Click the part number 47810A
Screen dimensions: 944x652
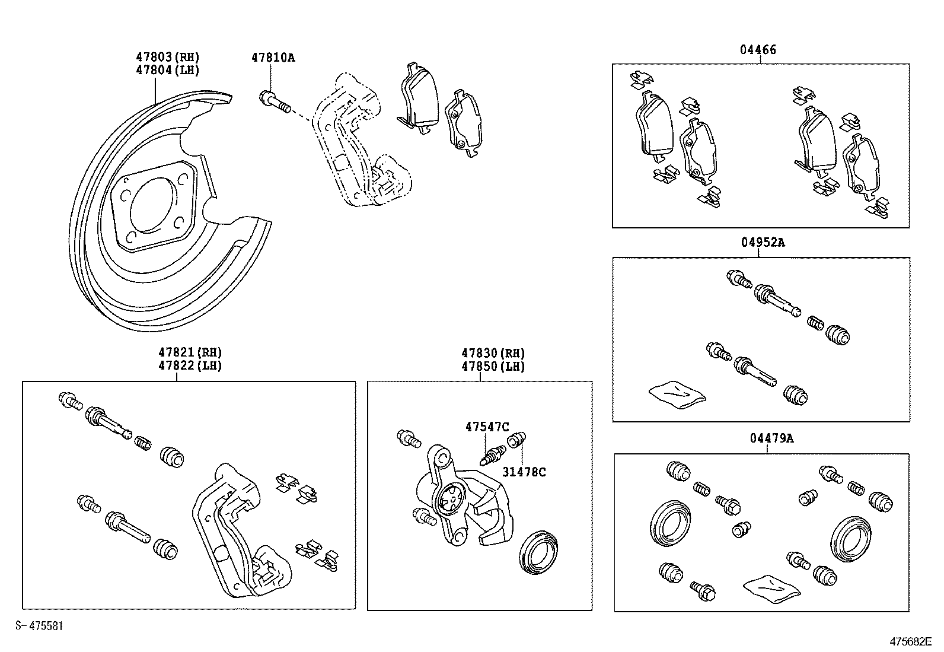273,58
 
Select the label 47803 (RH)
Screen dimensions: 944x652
167,57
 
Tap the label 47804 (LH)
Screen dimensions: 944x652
167,70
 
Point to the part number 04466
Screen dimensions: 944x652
758,50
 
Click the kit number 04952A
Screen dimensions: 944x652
763,243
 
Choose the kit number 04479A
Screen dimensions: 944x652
771,438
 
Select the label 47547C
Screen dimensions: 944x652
487,427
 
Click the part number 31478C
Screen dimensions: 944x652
524,472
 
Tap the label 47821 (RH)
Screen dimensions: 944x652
190,352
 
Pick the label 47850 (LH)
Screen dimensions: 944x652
493,367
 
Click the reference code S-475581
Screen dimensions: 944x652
39,625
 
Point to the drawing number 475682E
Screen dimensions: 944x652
910,641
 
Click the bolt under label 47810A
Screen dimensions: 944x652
275,102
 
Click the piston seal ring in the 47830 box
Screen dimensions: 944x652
538,552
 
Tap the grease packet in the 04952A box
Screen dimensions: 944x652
677,395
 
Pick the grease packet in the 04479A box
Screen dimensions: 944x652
771,589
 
